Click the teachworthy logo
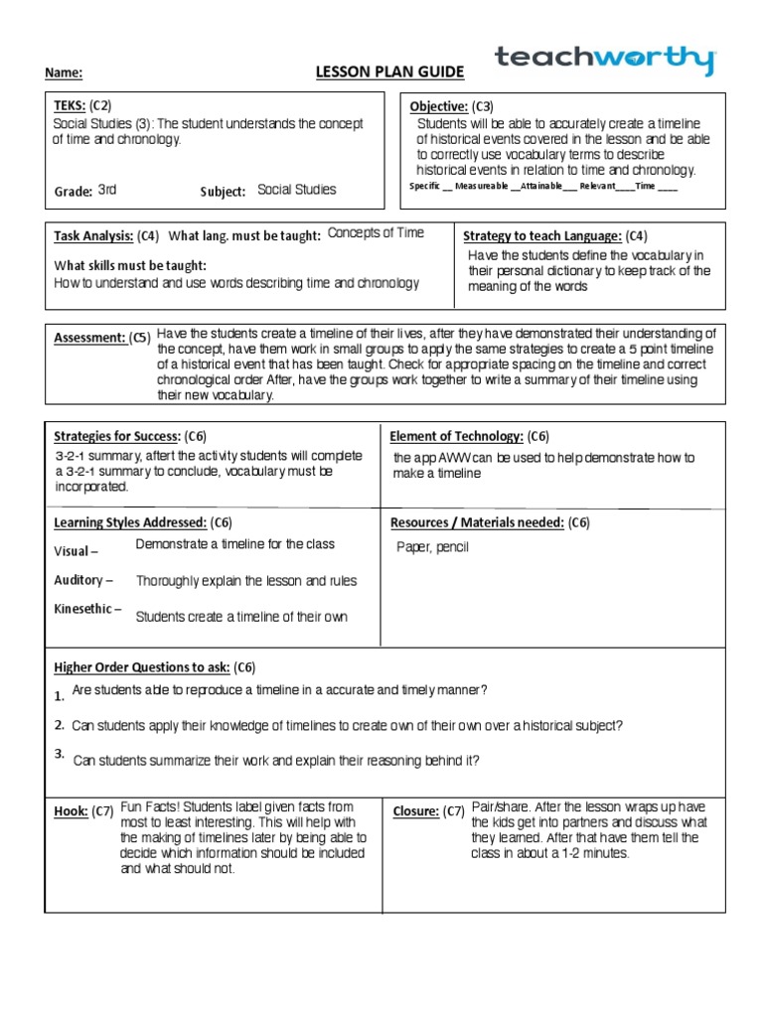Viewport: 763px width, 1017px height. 605,61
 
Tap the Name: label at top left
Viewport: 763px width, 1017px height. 64,73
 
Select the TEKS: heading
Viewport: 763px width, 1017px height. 70,105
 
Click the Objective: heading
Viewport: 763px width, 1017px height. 439,106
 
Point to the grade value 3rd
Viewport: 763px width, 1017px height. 107,190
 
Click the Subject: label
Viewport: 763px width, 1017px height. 223,192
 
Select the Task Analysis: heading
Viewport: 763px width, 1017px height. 92,236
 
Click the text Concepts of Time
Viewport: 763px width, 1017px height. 376,232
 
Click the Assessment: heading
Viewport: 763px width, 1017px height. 89,338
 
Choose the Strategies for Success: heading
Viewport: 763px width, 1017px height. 116,436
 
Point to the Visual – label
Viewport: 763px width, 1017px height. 76,551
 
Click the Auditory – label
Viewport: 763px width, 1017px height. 82,580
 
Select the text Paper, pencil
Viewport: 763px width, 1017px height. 432,547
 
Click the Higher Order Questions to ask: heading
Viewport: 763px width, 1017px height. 141,666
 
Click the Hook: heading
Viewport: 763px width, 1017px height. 71,811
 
